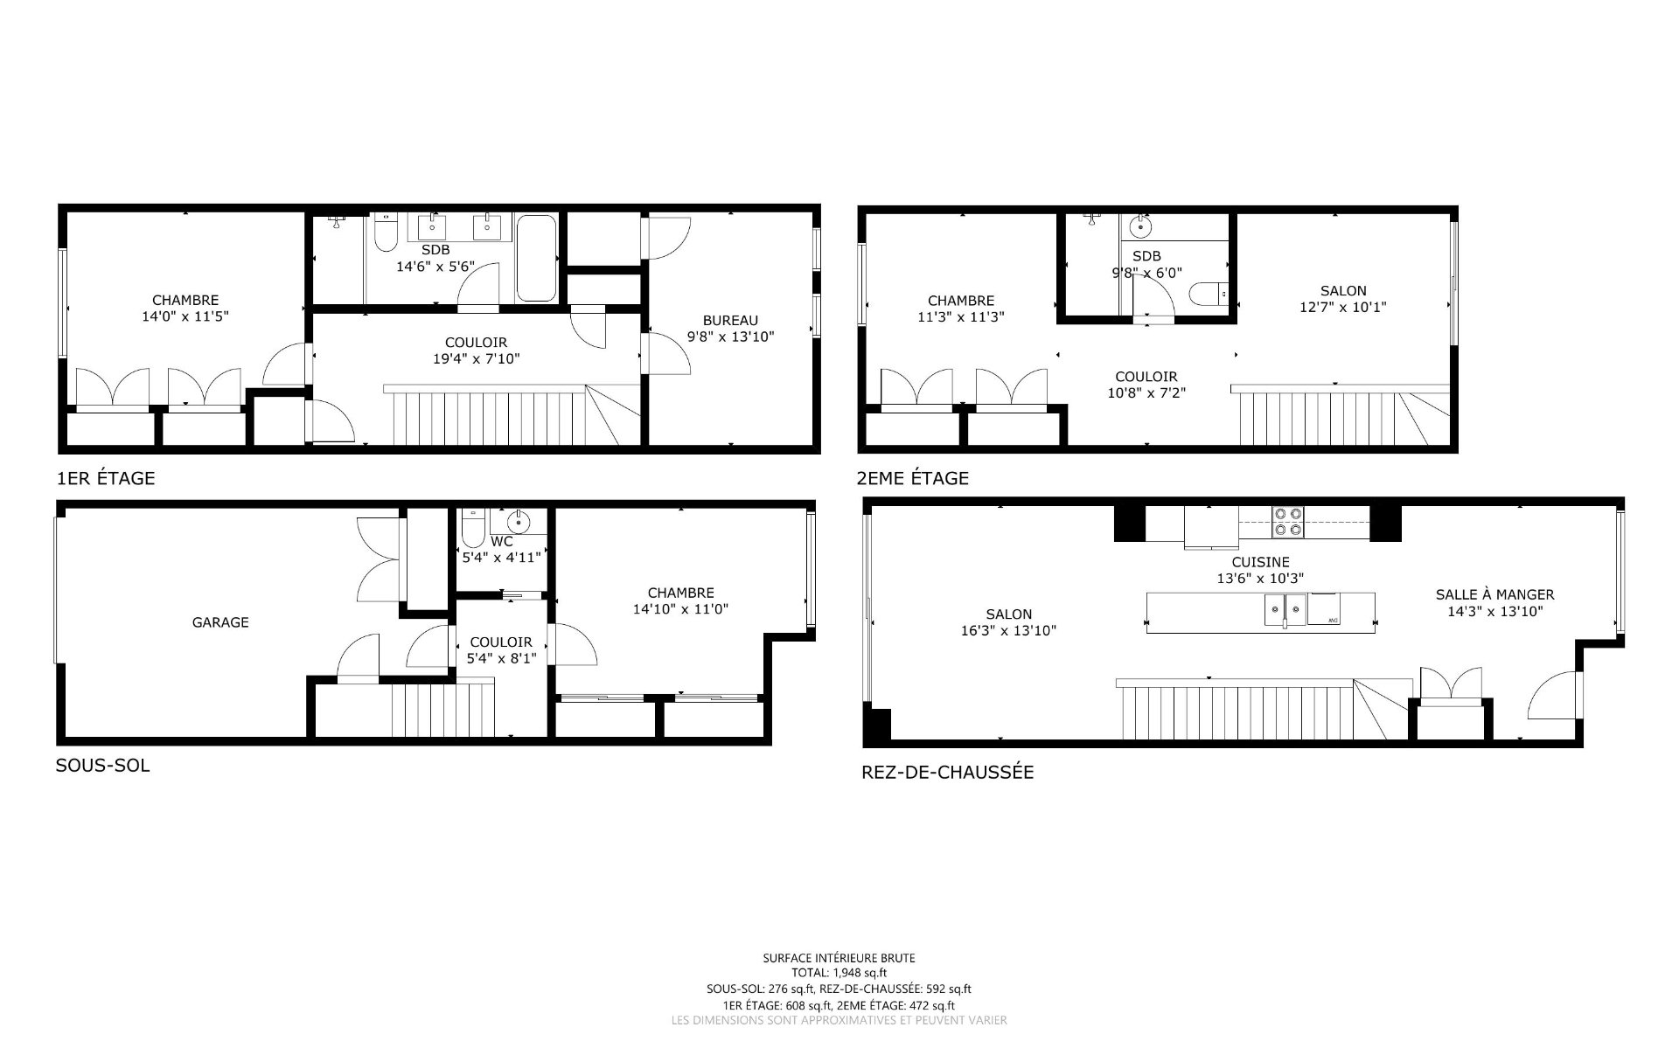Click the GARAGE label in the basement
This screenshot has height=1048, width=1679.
coord(220,622)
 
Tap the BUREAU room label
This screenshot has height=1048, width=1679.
coord(730,321)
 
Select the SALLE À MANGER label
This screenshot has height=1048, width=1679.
coord(1494,594)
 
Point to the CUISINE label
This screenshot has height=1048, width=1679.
coord(1260,562)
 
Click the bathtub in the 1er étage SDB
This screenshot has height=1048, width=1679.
coord(535,258)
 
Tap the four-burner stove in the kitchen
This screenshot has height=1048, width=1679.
coord(1287,522)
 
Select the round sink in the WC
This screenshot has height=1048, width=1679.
coord(519,524)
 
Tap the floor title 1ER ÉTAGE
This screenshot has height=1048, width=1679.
coord(106,478)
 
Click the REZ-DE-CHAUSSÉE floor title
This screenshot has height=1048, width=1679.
coord(948,773)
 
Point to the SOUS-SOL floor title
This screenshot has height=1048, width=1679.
coord(102,766)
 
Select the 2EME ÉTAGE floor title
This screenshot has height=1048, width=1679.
coord(914,478)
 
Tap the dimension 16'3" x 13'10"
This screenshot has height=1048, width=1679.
coord(1008,630)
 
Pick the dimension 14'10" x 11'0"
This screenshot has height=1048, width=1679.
coord(681,608)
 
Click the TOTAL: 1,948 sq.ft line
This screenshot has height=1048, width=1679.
coord(839,973)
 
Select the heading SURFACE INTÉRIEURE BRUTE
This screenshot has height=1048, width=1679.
coord(839,958)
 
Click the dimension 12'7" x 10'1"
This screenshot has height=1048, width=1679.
coord(1343,307)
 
